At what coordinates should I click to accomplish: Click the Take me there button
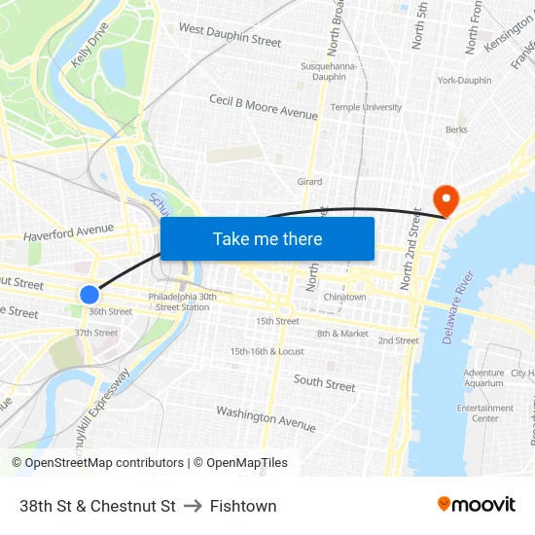tap(267, 238)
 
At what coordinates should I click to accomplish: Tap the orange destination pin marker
tap(446, 199)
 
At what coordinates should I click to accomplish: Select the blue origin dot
tap(89, 293)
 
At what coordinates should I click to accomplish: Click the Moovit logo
tap(476, 505)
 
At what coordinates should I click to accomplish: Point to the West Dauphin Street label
tap(230, 36)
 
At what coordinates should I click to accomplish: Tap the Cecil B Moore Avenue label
tap(264, 107)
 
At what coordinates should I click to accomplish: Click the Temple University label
tap(367, 107)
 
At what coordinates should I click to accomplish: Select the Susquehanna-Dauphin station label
tap(331, 71)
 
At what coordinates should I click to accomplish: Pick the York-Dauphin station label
tap(464, 80)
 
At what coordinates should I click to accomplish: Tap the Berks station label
tap(456, 128)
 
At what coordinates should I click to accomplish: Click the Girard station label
tap(309, 182)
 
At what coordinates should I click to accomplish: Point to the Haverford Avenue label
tap(68, 231)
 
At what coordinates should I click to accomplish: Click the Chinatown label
tap(345, 297)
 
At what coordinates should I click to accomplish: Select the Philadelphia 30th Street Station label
tap(179, 302)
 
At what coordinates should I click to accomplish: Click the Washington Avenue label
tap(266, 418)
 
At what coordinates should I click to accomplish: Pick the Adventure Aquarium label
tap(483, 378)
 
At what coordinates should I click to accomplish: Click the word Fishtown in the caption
tap(243, 506)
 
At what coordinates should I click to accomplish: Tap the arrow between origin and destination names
tap(193, 506)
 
